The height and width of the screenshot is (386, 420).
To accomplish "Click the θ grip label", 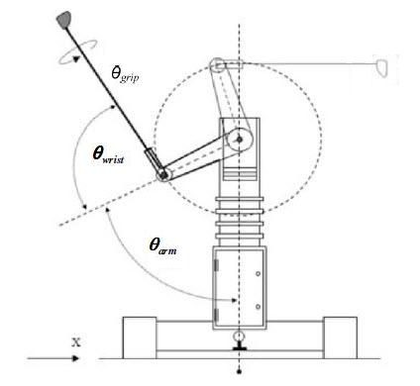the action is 125,74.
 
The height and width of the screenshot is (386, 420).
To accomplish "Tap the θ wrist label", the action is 108,155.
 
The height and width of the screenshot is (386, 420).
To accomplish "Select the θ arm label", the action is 162,246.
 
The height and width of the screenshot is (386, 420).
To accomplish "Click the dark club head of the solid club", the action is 64,20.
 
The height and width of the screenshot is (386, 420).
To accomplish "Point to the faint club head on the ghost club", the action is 382,68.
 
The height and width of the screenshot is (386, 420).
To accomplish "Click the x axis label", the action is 76,341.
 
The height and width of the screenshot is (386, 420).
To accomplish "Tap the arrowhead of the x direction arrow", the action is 75,358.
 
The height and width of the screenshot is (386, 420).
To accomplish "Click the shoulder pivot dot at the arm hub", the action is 240,140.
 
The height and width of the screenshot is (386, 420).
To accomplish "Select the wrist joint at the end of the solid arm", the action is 162,174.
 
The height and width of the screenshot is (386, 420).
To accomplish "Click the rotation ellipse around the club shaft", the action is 78,51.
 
